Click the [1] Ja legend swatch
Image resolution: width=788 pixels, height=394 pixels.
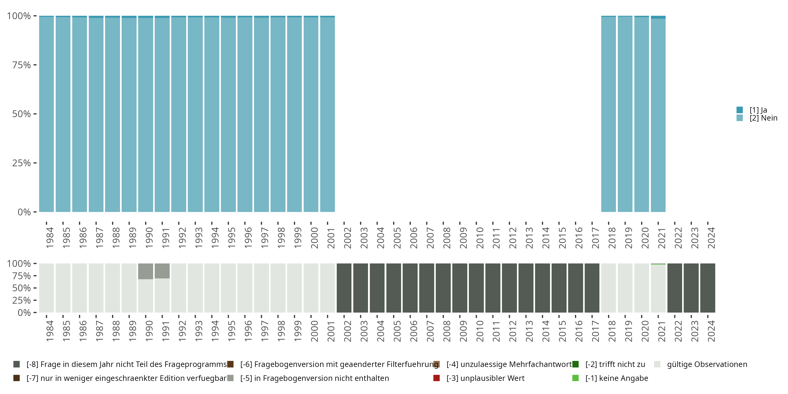739,110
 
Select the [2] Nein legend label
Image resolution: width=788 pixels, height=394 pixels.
763,118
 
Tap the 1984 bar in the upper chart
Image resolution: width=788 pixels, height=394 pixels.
46,114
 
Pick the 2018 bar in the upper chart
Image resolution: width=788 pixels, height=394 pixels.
608,114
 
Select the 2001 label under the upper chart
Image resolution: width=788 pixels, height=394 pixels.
331,238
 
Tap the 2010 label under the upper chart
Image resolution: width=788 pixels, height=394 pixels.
480,238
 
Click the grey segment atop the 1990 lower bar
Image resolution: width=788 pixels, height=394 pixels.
146,271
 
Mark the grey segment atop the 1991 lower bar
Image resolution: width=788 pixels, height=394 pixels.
162,271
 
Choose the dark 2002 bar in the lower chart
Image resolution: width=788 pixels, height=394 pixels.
344,288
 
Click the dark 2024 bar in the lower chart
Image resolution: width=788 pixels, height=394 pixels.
708,288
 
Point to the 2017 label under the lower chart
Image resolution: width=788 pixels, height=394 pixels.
595,331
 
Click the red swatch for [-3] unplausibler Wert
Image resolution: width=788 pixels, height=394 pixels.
437,378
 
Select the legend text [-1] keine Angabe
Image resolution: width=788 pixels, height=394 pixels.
617,378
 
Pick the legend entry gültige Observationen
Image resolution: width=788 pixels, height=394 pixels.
707,364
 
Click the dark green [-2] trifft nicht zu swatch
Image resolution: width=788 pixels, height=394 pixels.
576,364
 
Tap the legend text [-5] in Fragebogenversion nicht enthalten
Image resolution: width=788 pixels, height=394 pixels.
314,378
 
